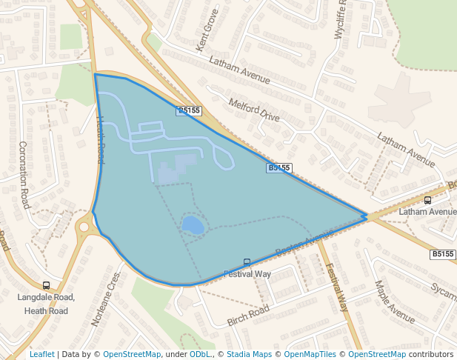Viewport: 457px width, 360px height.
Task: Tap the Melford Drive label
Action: [254, 110]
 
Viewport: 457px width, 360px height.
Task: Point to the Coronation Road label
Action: [24, 175]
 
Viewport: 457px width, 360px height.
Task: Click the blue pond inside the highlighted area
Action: [192, 225]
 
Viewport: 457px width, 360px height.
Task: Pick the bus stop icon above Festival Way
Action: [247, 262]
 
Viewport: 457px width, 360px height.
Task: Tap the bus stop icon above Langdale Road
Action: [47, 285]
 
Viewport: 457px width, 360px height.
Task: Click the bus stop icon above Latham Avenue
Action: [427, 200]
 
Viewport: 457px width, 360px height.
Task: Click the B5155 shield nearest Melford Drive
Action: [189, 111]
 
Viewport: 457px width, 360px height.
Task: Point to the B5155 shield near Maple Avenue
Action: [442, 254]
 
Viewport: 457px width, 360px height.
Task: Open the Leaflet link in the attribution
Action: [41, 354]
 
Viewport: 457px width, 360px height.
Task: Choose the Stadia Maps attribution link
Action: [249, 354]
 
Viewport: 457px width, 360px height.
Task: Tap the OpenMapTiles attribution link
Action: [308, 354]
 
